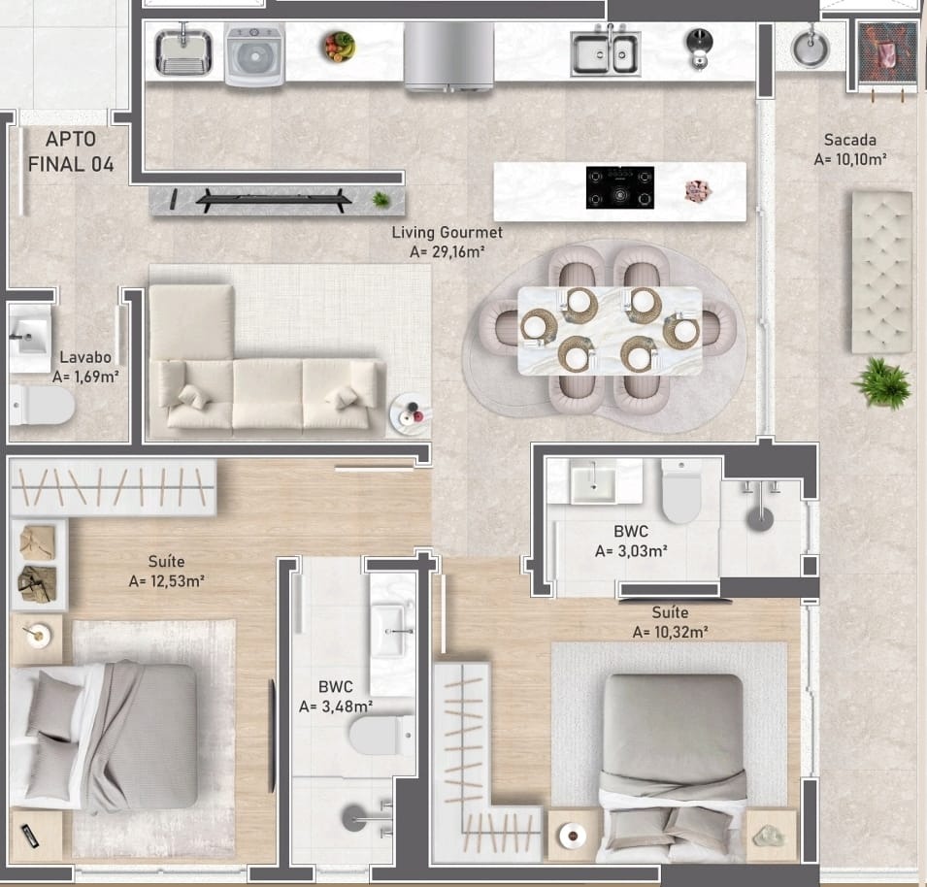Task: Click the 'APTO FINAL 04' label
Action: tap(71, 151)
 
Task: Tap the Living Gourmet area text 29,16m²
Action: tap(447, 252)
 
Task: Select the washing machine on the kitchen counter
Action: tap(255, 55)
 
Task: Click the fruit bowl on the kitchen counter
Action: tap(339, 46)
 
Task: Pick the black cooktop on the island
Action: tap(619, 187)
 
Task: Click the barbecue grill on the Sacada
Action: tap(887, 55)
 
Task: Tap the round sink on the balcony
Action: tap(809, 46)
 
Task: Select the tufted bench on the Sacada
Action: tap(881, 271)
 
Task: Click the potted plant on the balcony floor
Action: tap(882, 381)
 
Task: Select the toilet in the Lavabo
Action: tap(43, 406)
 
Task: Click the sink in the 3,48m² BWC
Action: tap(392, 630)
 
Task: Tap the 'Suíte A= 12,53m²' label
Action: tap(166, 572)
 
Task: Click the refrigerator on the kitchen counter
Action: tap(449, 55)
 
